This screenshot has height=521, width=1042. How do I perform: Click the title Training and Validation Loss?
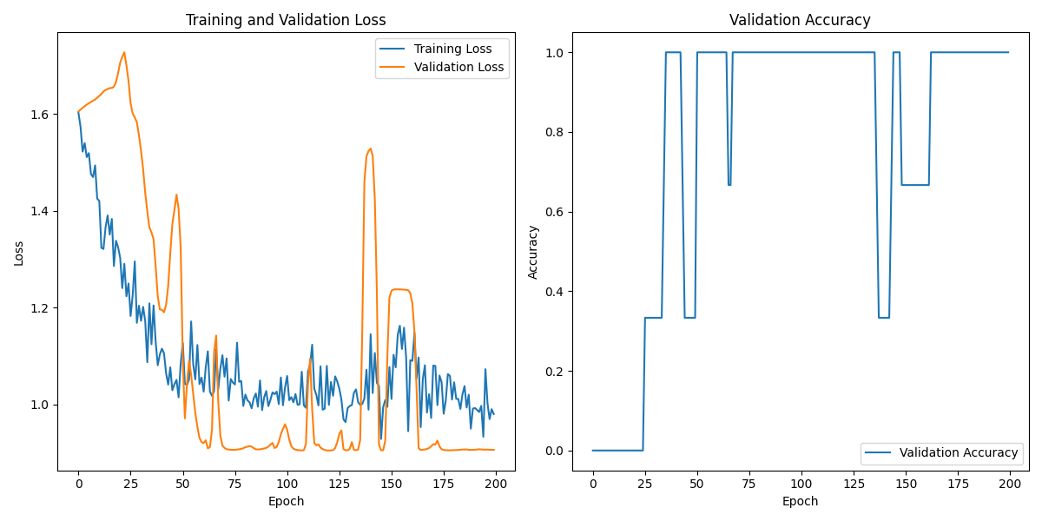286,20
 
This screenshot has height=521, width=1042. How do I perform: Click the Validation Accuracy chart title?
800,20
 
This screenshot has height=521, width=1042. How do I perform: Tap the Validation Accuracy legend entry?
958,452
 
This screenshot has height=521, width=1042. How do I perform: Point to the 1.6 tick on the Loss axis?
42,114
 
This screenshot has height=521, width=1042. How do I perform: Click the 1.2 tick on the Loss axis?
42,308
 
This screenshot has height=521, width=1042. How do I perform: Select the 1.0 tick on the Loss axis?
42,405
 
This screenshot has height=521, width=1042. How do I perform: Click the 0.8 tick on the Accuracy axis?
556,132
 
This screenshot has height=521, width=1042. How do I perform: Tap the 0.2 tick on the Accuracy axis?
556,371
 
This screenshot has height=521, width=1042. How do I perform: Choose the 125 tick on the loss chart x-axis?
340,483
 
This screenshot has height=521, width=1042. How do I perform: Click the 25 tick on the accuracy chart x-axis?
645,483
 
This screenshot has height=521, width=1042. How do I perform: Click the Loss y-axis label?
18,253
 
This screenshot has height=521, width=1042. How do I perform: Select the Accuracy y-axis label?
533,252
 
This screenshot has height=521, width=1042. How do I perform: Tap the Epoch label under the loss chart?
286,501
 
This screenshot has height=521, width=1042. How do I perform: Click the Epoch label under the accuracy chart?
800,501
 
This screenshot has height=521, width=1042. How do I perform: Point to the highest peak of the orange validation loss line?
124,52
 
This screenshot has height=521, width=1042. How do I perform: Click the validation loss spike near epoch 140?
371,148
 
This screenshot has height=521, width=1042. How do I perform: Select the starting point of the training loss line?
78,111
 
